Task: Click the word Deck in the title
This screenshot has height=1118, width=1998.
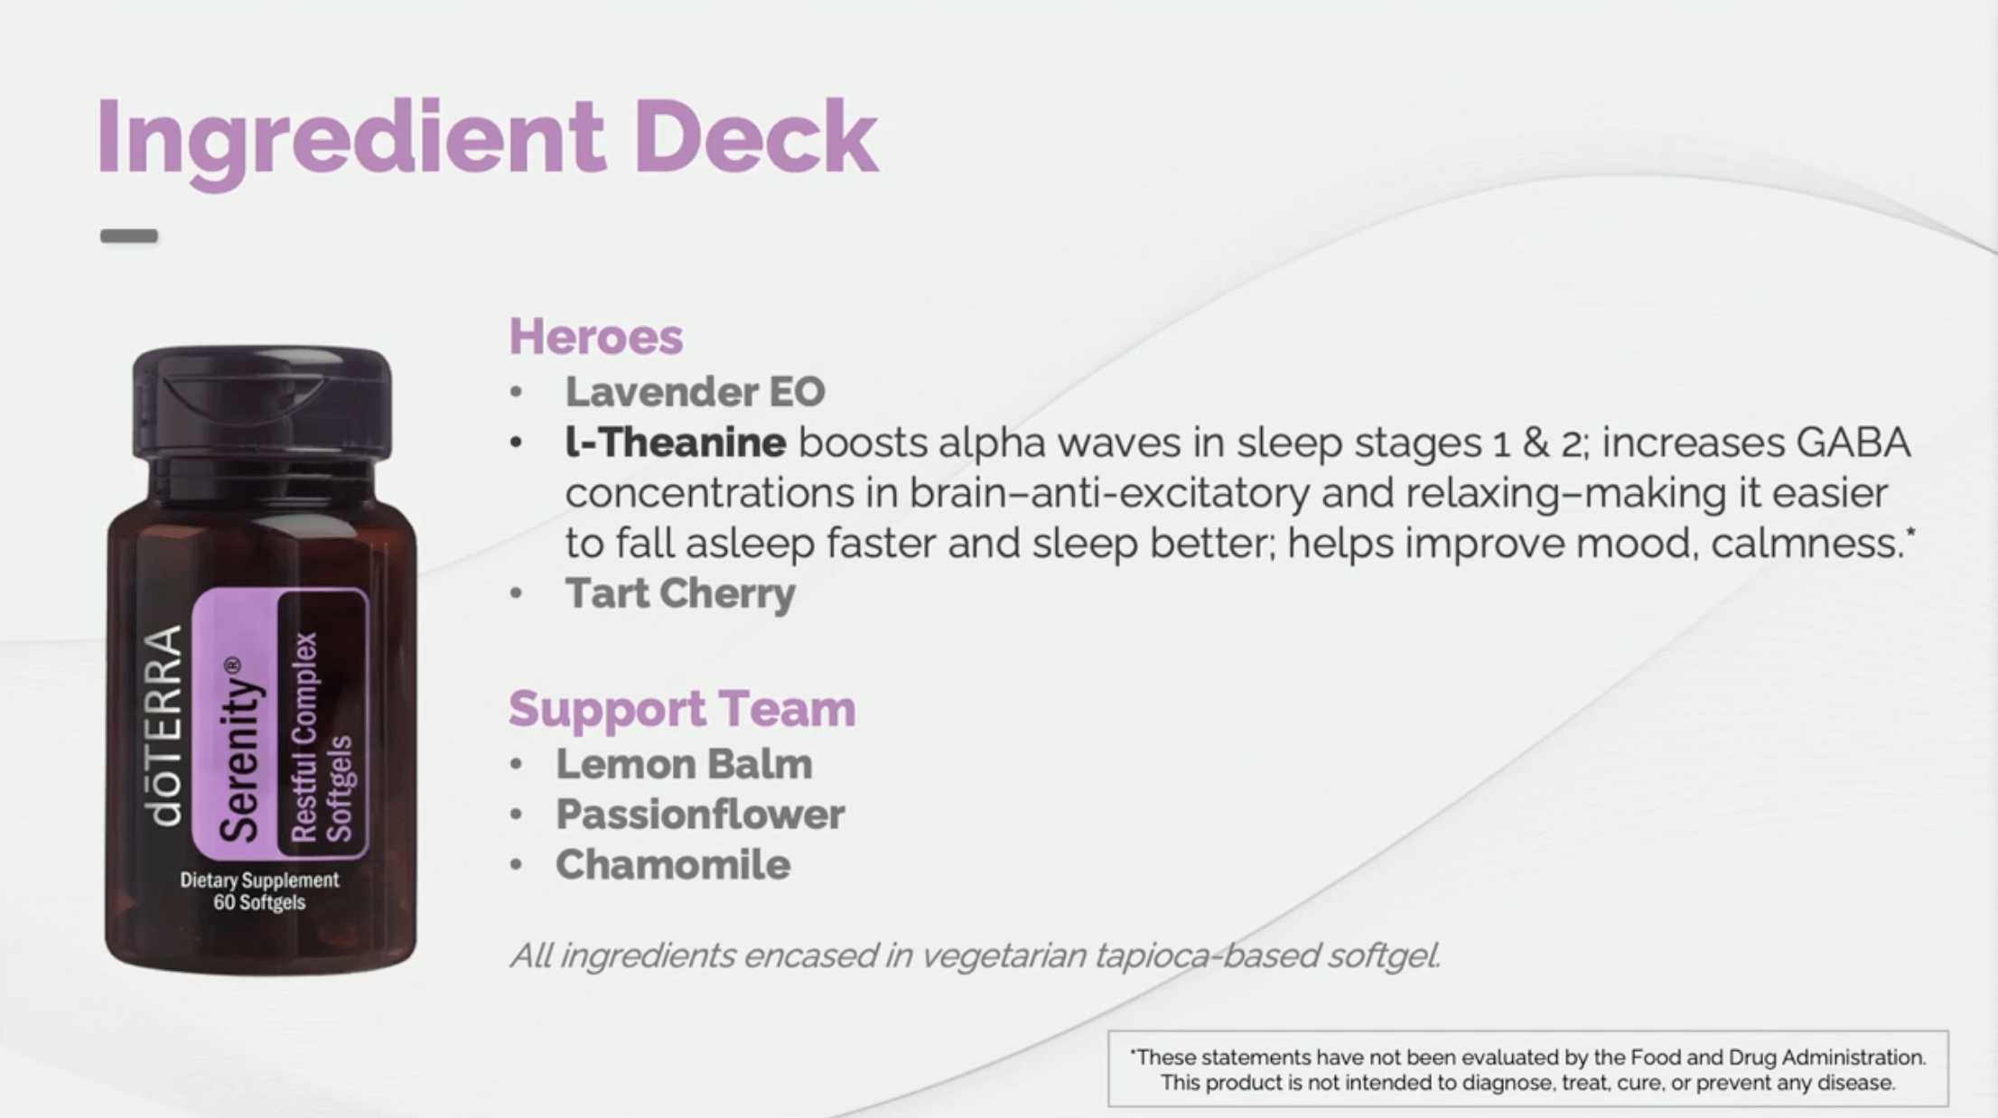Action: [754, 137]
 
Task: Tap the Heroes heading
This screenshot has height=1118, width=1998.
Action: [596, 336]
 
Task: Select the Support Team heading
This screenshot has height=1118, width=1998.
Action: [682, 708]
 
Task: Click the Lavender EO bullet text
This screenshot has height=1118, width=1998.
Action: [695, 391]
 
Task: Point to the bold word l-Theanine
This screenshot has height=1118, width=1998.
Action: [676, 443]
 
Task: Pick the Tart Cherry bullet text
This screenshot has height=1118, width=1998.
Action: [680, 594]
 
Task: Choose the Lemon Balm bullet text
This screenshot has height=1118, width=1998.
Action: [684, 764]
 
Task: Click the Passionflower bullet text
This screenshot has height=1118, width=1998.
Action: [700, 815]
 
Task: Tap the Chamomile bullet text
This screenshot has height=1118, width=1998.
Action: [673, 864]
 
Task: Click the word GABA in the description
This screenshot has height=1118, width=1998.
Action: [1853, 443]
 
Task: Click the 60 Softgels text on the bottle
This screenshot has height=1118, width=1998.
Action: [259, 902]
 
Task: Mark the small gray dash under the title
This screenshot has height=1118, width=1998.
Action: [129, 237]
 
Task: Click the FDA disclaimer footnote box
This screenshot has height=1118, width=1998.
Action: [1528, 1069]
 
